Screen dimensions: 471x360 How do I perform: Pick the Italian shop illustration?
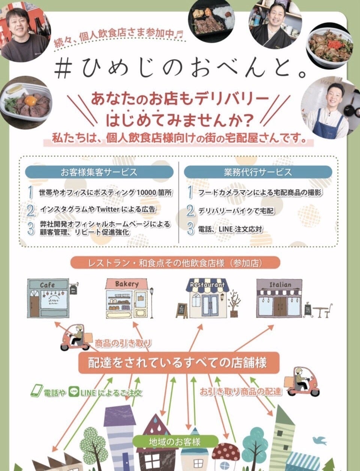pos(280,299)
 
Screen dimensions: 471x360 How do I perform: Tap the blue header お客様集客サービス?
pos(99,172)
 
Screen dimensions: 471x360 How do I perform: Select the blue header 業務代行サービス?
pos(258,172)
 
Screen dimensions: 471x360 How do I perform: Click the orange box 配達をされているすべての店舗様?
pos(178,363)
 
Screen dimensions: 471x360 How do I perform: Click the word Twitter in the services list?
pos(108,209)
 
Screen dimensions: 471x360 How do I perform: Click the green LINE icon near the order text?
pos(73,393)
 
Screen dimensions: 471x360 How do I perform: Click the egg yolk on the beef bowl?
pos(30,101)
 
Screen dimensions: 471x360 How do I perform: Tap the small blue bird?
pos(321,439)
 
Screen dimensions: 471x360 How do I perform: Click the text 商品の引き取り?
pos(123,343)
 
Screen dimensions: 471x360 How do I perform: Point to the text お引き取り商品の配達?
pos(240,391)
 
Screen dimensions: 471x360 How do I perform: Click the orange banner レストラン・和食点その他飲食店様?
pos(175,263)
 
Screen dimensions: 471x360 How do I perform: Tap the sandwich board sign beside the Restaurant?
pos(182,310)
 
